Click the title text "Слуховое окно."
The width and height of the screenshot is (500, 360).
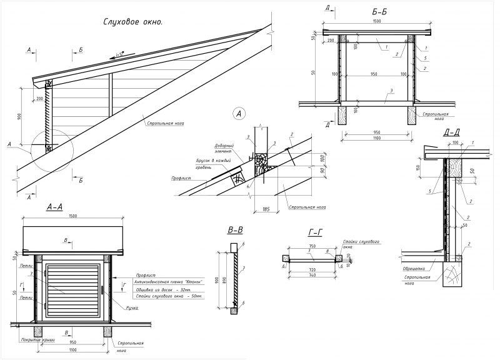tap(132, 22)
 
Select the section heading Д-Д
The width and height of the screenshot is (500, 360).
tap(452, 132)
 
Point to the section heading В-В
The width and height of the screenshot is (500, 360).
tap(236, 230)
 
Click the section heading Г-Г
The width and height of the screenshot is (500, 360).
tap(316, 232)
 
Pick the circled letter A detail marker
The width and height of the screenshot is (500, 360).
tap(238, 113)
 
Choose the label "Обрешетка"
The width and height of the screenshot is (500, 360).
tap(414, 269)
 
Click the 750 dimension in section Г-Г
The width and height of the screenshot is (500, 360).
tap(312, 247)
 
